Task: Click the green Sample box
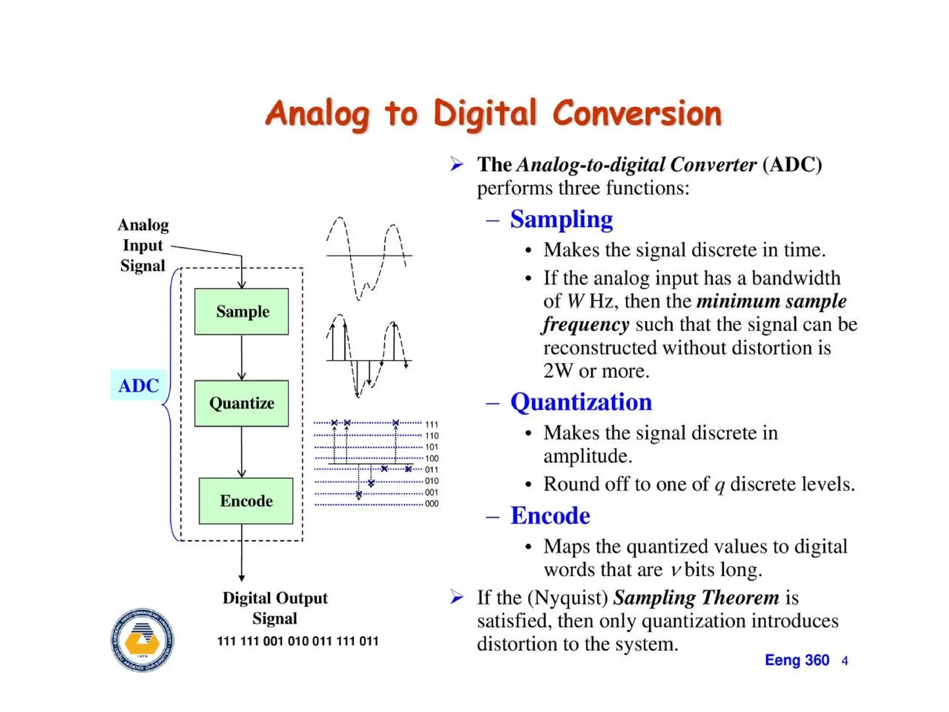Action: (241, 311)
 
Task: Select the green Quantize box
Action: (241, 403)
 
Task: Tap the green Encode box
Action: (246, 501)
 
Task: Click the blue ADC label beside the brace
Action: (139, 385)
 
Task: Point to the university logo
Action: (143, 640)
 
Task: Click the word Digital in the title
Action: (485, 114)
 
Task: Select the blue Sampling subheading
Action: (561, 219)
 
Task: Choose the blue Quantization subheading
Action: (581, 402)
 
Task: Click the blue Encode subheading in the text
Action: (550, 515)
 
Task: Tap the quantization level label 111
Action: (431, 424)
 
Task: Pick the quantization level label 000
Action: (431, 503)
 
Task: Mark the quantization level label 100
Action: (431, 458)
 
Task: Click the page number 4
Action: (845, 661)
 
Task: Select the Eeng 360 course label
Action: (797, 660)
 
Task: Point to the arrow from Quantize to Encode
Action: (241, 452)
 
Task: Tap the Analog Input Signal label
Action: (143, 245)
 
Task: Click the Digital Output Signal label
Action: (275, 608)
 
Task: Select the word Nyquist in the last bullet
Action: (568, 598)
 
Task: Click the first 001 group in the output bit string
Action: (273, 641)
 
